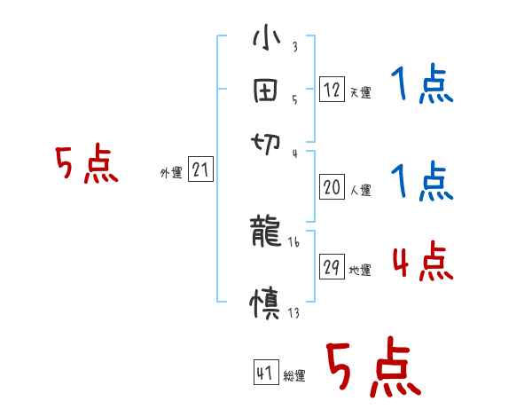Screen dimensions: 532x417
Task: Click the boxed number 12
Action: pos(332,90)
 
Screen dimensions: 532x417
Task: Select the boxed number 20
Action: pos(332,187)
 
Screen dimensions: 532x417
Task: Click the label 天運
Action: pos(360,92)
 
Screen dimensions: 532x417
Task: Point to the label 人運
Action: pos(360,190)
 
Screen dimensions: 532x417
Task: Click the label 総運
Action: pos(294,375)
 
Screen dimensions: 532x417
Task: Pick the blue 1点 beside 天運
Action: pos(421,86)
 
